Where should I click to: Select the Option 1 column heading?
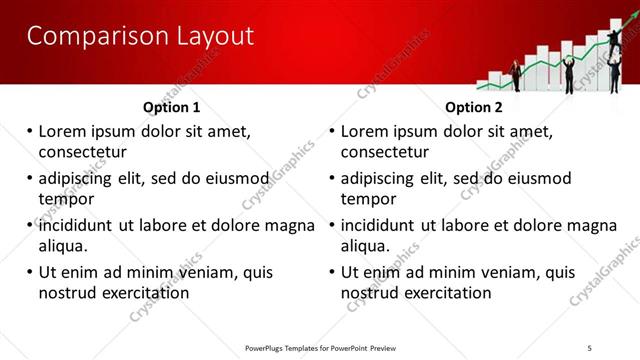point(171,107)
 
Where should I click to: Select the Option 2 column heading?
point(474,107)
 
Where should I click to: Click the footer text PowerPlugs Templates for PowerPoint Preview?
point(320,347)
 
